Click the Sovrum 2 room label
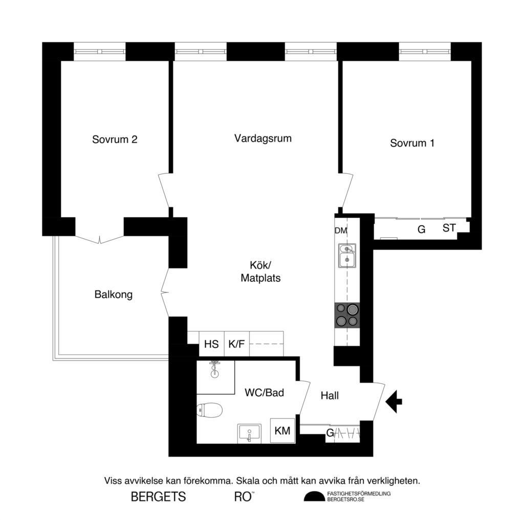pos(115,140)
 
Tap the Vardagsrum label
pos(263,138)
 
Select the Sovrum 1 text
pos(412,143)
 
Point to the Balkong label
pos(114,295)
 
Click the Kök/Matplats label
pos(260,272)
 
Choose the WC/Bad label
pos(265,393)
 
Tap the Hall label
pos(330,395)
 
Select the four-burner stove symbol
pos(347,315)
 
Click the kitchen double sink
pos(347,256)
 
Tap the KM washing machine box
pos(282,431)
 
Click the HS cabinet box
pos(211,344)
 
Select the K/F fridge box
pos(236,344)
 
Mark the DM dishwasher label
pos(341,231)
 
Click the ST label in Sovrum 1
pos(449,228)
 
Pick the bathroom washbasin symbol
pos(249,433)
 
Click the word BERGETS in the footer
pos(158,496)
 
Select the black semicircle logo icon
pos(314,496)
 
